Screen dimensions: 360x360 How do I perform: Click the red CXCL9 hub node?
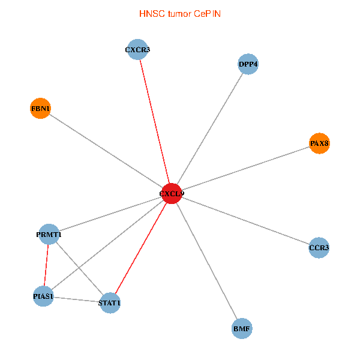(x=172, y=193)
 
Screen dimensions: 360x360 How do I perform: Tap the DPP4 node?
(x=248, y=64)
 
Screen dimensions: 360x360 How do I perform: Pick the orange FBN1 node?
(x=40, y=109)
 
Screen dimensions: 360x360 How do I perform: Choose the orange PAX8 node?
(x=320, y=143)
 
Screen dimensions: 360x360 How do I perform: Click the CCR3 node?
(x=319, y=247)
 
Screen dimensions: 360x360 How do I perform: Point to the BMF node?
(x=242, y=328)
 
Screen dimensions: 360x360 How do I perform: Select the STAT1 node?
(x=110, y=303)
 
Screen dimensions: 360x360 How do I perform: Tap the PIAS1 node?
(x=43, y=296)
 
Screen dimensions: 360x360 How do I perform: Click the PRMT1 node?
(x=49, y=234)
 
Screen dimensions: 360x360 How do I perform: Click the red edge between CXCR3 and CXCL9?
(x=155, y=119)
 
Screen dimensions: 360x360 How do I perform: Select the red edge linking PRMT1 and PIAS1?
(x=46, y=265)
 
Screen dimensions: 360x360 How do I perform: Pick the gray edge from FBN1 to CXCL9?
(x=106, y=151)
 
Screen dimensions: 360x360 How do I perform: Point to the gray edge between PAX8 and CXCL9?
(x=246, y=168)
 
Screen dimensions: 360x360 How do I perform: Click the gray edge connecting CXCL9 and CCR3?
(x=245, y=220)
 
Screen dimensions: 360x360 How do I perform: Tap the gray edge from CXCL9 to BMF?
(x=206, y=260)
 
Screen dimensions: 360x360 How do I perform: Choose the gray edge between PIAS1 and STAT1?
(x=76, y=299)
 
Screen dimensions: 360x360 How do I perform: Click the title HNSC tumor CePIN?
(x=180, y=13)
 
